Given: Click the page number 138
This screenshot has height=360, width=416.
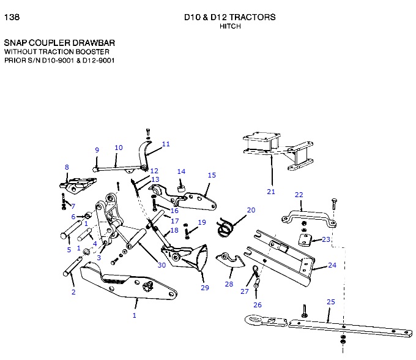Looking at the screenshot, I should click(x=12, y=17).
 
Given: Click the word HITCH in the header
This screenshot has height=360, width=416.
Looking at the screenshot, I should click(x=230, y=26).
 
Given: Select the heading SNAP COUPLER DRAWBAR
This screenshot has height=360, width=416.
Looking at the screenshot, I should click(x=59, y=43).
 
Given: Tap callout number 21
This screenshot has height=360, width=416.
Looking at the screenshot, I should click(x=271, y=192).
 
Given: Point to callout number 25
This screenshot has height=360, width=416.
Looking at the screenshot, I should click(x=331, y=302).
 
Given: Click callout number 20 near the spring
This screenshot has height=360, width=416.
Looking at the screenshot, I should click(x=251, y=210).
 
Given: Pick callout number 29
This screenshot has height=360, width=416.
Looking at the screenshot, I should click(x=204, y=287).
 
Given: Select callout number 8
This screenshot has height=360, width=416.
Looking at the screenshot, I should click(x=67, y=167).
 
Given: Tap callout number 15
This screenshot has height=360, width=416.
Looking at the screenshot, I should click(x=212, y=175).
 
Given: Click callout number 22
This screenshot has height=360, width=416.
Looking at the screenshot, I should click(x=299, y=195).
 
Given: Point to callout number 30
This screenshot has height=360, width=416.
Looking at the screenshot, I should click(x=162, y=265).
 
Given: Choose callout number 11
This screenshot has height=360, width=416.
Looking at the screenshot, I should click(x=166, y=144).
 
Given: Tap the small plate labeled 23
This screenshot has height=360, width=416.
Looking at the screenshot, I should click(x=305, y=239).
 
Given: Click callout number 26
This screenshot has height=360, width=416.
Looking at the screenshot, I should click(x=257, y=304).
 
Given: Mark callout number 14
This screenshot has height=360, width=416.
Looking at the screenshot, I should click(x=181, y=171).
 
